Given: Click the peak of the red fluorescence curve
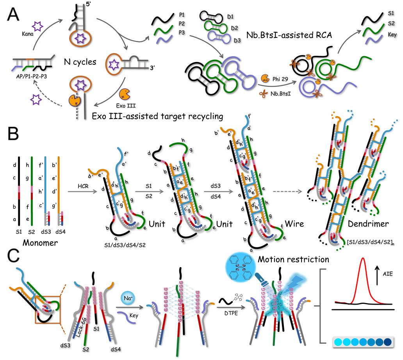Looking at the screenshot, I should point(364,270).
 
